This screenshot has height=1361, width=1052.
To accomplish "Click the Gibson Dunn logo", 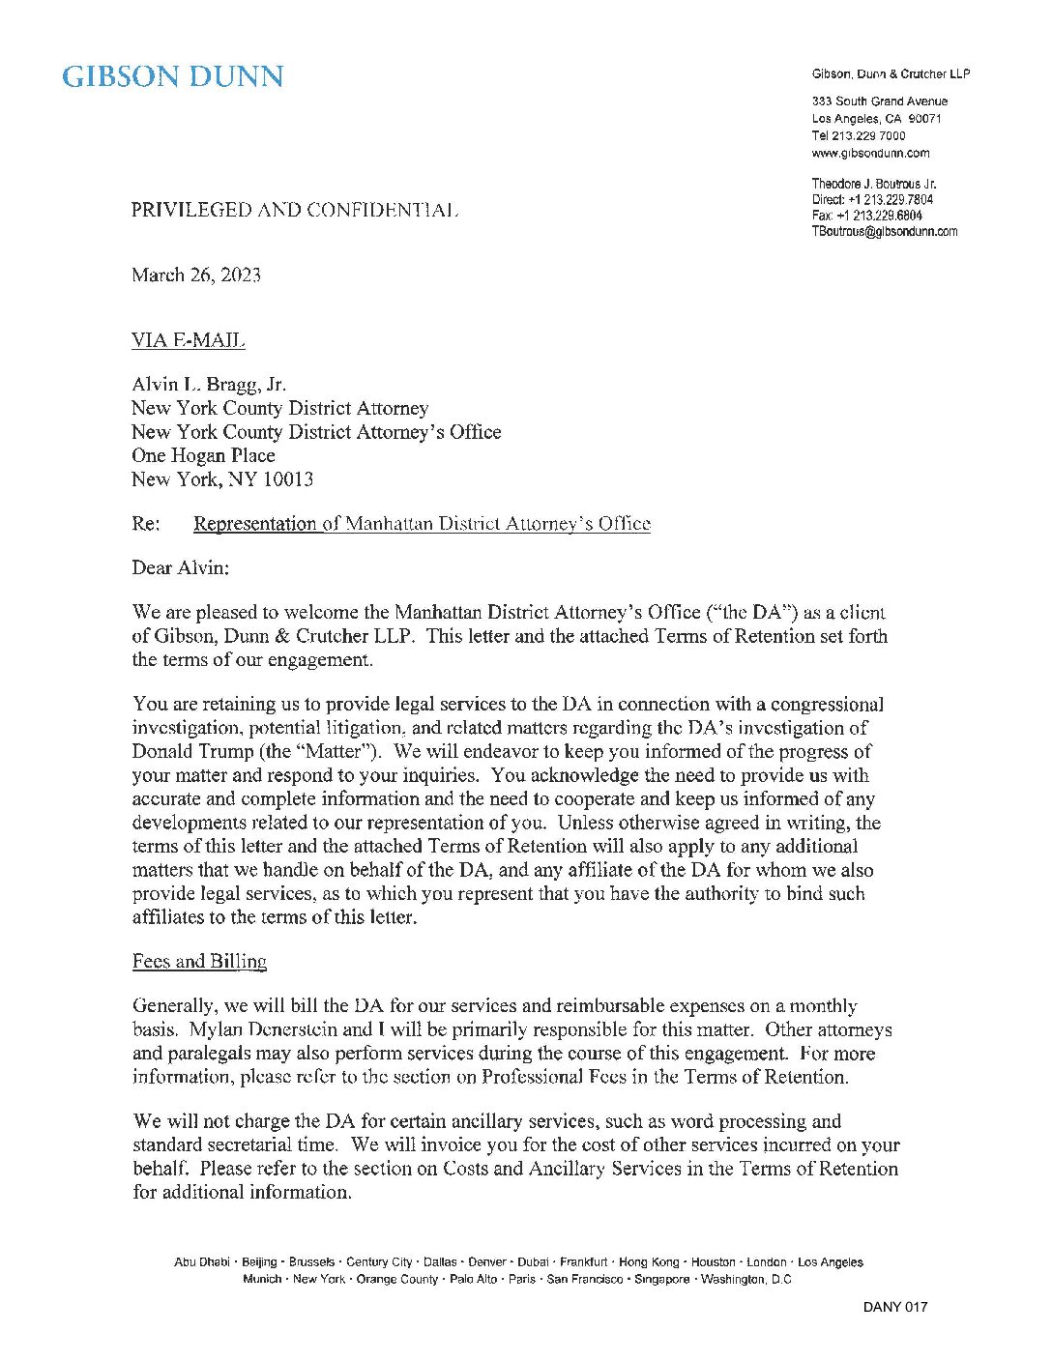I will (173, 77).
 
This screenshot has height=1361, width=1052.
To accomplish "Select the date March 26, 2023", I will (196, 275).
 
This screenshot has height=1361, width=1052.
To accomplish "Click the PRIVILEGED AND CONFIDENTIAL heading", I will (295, 210).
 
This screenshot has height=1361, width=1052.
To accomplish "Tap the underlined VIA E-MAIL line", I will (188, 340).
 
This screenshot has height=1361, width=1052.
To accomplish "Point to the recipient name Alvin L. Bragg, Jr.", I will (209, 385).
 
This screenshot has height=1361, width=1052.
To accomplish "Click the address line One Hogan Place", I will (203, 455).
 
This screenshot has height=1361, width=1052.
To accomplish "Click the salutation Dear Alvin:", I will (181, 567).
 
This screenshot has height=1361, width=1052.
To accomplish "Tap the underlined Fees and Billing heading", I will (199, 961).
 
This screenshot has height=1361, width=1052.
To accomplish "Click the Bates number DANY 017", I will (894, 1308).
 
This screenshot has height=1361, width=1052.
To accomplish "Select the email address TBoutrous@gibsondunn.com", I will (884, 232).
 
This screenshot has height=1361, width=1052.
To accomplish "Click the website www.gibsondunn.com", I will (870, 153).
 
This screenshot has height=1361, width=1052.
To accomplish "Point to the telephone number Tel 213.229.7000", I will (859, 136).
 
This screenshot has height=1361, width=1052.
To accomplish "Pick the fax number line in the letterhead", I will (866, 216).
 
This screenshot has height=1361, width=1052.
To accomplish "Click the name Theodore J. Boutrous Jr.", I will (874, 184).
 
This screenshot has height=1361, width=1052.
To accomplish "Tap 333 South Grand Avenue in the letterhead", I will (879, 101).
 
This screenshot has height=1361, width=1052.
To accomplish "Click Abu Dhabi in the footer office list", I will (201, 1262).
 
